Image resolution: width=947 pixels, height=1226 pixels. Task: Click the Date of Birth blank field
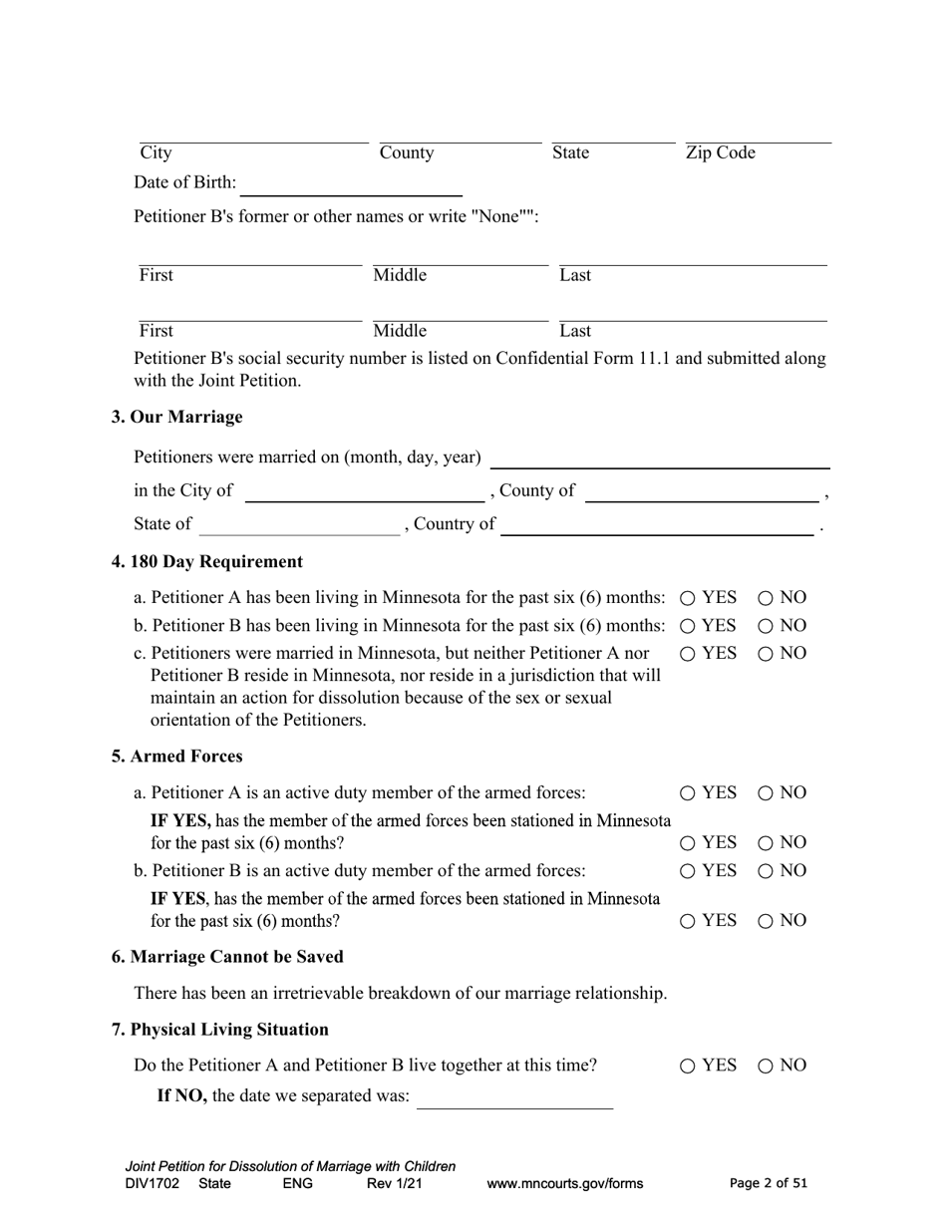tap(352, 184)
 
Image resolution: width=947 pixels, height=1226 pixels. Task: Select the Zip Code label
tap(720, 153)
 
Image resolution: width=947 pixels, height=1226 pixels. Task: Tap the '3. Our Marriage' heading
tap(176, 417)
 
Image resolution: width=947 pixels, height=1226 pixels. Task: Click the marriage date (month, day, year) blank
tap(661, 458)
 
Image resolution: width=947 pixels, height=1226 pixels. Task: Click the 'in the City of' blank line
tap(364, 491)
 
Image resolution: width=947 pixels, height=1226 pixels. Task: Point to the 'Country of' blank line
tap(657, 525)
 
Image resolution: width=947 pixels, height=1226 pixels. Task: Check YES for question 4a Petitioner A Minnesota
tap(688, 598)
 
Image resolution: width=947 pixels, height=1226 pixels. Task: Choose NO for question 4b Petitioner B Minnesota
tap(765, 626)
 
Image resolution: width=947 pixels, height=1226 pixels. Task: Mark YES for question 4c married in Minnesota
tap(688, 654)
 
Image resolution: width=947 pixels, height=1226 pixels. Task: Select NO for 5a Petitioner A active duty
tap(765, 793)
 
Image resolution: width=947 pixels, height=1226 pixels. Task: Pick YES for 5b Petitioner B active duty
tap(688, 871)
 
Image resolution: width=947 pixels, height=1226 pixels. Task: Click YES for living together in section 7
tap(688, 1066)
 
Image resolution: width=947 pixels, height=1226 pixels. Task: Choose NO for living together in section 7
tap(765, 1066)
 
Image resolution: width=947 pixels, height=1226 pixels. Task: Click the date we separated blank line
tap(515, 1097)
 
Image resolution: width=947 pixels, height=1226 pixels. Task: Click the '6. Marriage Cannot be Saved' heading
tap(227, 957)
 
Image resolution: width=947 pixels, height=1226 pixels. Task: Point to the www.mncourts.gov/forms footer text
tap(564, 1184)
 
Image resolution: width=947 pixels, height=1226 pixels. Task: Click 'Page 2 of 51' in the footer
tap(769, 1184)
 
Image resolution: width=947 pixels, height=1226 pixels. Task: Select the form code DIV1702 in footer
tap(153, 1184)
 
